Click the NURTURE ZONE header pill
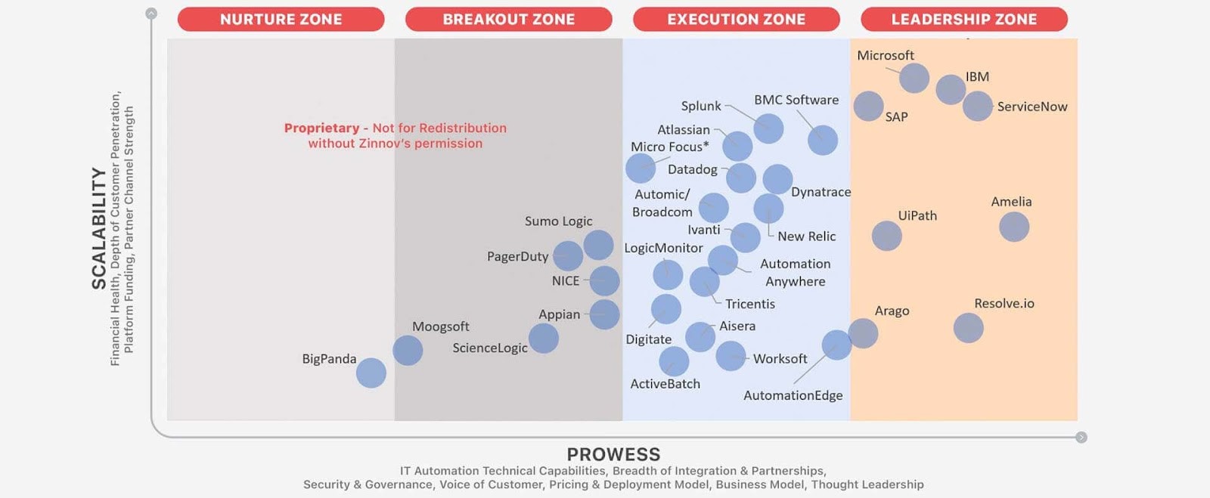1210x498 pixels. [281, 20]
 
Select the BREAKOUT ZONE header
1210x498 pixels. [509, 20]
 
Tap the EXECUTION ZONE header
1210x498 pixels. [737, 20]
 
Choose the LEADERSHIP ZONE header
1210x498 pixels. [964, 20]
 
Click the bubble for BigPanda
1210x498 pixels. [371, 373]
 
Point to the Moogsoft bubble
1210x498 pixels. [408, 351]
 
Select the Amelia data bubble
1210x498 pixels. [1014, 227]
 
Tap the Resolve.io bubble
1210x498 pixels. [969, 328]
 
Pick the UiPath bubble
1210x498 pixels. [887, 236]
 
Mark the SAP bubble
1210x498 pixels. [869, 107]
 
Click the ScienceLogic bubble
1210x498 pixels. [544, 339]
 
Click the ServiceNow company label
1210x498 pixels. [1032, 107]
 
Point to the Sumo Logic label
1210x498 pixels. [559, 221]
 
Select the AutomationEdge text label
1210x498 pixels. [793, 395]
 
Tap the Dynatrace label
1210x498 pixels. [821, 192]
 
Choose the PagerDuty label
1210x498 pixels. [517, 257]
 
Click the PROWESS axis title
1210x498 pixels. [613, 454]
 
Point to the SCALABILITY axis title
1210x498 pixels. [99, 228]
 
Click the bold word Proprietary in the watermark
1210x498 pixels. [322, 128]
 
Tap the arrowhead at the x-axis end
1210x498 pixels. [1081, 437]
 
